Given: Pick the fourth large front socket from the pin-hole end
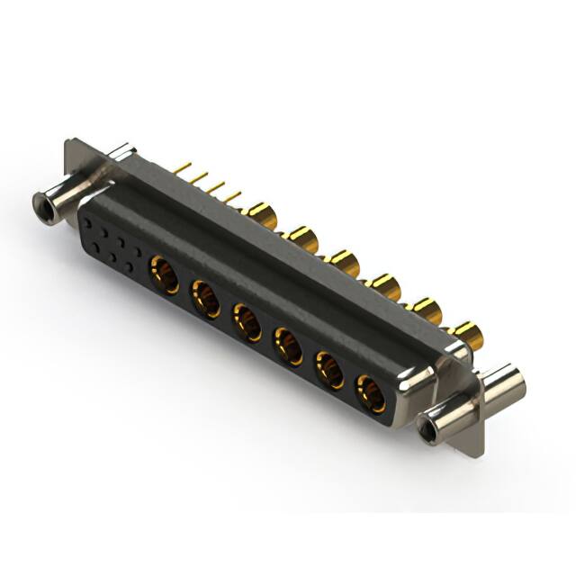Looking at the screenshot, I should (x=288, y=346).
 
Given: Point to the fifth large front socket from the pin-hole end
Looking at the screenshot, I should (x=329, y=370).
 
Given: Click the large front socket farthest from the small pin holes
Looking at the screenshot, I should (x=371, y=392).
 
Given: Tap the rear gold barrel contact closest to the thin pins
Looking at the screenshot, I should (x=261, y=214).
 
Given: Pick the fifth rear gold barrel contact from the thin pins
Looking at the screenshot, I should (x=424, y=310).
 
